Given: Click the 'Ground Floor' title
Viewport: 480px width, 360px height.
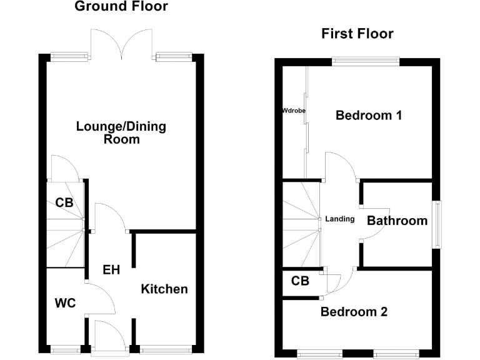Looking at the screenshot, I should pyautogui.click(x=121, y=7).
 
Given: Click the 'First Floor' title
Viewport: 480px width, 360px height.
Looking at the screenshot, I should pyautogui.click(x=357, y=34).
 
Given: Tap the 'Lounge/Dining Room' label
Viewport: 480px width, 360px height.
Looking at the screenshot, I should pyautogui.click(x=121, y=132).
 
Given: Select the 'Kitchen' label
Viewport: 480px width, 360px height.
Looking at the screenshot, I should pyautogui.click(x=164, y=289).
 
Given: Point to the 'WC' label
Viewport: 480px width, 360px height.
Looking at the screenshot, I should pyautogui.click(x=65, y=303).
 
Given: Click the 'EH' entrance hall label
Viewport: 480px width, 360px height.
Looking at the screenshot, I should pyautogui.click(x=111, y=270).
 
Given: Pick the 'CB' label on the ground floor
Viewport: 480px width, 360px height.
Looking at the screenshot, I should pyautogui.click(x=64, y=202).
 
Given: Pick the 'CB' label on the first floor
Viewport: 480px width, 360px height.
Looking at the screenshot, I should pyautogui.click(x=301, y=281).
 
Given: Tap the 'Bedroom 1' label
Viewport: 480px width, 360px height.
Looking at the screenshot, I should pyautogui.click(x=368, y=116).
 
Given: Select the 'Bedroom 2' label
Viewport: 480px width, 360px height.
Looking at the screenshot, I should pyautogui.click(x=354, y=311).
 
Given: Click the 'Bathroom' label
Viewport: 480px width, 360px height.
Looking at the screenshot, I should pyautogui.click(x=397, y=220).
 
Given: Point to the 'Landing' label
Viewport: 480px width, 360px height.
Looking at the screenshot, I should pyautogui.click(x=340, y=219).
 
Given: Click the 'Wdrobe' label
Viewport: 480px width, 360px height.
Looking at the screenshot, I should pyautogui.click(x=294, y=111).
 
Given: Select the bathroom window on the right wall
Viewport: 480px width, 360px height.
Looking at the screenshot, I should pyautogui.click(x=439, y=224).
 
